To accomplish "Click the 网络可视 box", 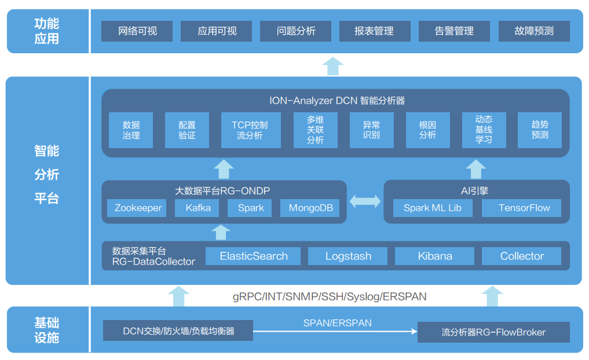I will (x=137, y=31).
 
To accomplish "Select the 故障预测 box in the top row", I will (x=534, y=31).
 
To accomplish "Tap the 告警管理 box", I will (x=454, y=31).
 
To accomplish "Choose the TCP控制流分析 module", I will (x=251, y=130).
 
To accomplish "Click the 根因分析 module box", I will (x=427, y=130).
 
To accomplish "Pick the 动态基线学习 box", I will (x=484, y=130).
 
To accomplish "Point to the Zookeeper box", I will (x=138, y=208).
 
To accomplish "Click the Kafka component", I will (x=198, y=208).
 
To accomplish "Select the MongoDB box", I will (x=310, y=208).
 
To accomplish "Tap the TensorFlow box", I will (x=524, y=208).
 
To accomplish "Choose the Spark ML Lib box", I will (x=432, y=208).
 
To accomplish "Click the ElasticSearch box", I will (x=254, y=256).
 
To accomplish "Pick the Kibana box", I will (x=434, y=256).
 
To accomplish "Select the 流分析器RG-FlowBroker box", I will (x=493, y=332).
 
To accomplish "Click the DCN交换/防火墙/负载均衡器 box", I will (x=178, y=331).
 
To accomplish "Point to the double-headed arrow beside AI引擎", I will (x=365, y=201).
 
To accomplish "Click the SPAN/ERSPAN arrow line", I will (x=336, y=331).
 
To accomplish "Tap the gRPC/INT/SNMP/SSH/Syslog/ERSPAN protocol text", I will (x=330, y=297).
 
